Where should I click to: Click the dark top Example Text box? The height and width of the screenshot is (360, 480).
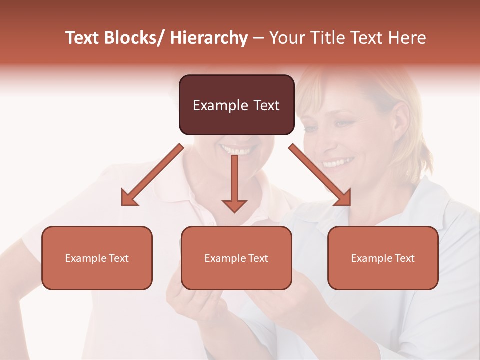click(x=236, y=105)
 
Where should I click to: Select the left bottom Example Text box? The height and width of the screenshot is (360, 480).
click(x=97, y=258)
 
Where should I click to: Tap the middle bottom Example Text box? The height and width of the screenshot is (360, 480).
click(x=236, y=258)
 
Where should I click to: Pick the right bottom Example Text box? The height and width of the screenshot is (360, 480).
click(x=383, y=258)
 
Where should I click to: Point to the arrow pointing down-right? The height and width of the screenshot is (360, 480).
click(x=320, y=175)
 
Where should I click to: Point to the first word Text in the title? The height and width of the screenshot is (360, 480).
click(x=83, y=38)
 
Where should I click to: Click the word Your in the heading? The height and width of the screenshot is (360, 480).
click(x=286, y=38)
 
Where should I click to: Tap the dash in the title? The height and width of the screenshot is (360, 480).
click(x=258, y=38)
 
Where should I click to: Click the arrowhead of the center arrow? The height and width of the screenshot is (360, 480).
click(x=234, y=205)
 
